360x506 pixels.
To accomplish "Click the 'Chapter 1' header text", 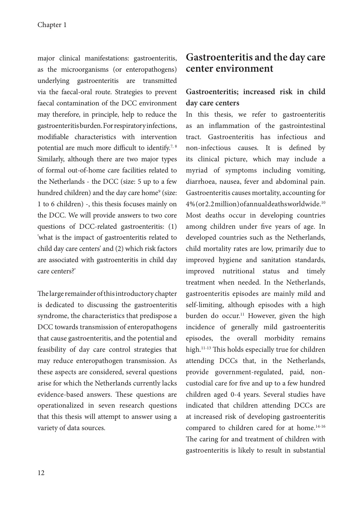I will pyautogui.click(x=52, y=25).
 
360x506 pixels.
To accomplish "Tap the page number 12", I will pyautogui.click(x=41, y=473).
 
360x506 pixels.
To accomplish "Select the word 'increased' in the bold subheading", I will pyautogui.click(x=258, y=92).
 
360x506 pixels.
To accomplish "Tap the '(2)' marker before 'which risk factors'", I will pyautogui.click(x=119, y=249).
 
